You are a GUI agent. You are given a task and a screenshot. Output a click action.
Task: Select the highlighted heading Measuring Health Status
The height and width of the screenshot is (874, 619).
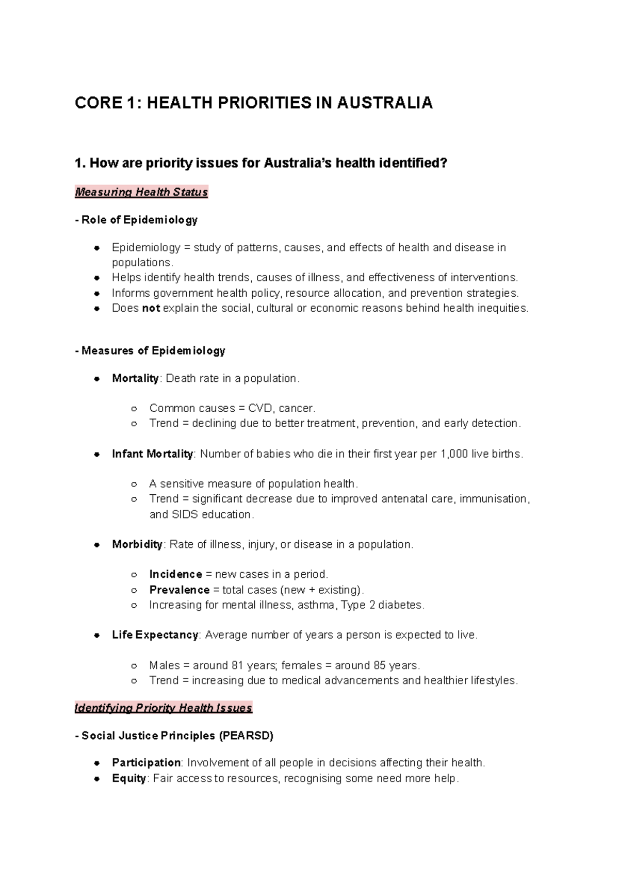[141, 192]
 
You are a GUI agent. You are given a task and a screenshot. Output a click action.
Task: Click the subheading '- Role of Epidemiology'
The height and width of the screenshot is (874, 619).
[136, 220]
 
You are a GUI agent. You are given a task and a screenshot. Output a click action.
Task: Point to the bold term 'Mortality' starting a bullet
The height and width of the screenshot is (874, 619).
[135, 378]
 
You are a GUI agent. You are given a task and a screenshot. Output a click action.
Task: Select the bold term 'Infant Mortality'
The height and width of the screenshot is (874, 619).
[152, 454]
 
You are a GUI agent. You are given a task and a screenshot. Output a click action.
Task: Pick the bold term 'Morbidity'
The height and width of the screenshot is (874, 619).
[137, 544]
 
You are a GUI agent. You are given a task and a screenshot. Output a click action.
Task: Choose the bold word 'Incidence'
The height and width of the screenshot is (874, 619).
[175, 574]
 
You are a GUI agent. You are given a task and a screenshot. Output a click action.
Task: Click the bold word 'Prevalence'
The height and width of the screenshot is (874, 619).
[179, 590]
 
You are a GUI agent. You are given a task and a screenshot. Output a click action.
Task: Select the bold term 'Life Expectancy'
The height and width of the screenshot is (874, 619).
[155, 635]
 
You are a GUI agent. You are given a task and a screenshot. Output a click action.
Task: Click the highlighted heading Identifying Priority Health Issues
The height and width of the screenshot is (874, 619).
[163, 708]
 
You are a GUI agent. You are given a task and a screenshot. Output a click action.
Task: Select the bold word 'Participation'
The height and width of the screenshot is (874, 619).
[146, 763]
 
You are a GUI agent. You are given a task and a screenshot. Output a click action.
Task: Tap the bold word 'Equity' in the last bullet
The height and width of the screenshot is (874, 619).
[128, 778]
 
